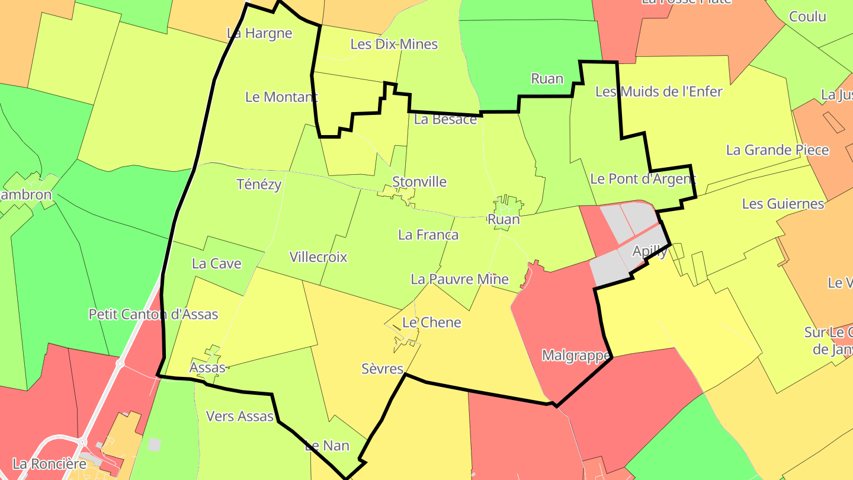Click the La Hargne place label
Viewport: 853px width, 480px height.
[259, 33]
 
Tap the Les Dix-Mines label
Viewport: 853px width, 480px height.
[394, 44]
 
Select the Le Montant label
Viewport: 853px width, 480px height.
[281, 97]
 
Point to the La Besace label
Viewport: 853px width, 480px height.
[445, 119]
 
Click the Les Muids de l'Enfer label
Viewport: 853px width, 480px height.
[659, 91]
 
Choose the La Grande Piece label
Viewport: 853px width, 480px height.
[777, 150]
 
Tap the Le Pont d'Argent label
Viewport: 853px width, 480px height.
[643, 178]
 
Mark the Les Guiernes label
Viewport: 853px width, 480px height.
[783, 204]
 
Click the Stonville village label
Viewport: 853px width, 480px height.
[419, 182]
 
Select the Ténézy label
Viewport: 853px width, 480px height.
[259, 184]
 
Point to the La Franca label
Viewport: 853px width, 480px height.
[428, 235]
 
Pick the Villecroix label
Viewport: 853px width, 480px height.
[318, 257]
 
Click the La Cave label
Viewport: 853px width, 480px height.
[216, 264]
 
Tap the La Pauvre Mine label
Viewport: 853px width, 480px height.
[460, 279]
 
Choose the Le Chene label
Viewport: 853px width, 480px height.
[431, 322]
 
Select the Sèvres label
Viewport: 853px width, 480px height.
[382, 369]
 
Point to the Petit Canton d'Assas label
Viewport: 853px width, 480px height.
[153, 314]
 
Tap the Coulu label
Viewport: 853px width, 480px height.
[807, 17]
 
